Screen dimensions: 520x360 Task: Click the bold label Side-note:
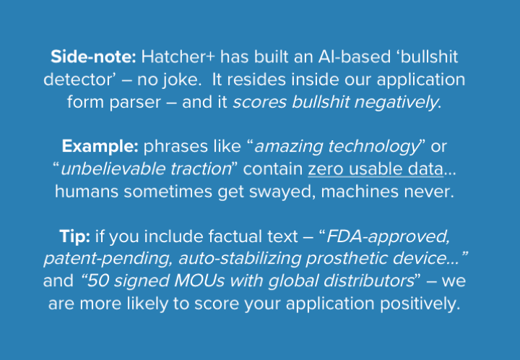(93, 56)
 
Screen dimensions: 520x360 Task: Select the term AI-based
(355, 56)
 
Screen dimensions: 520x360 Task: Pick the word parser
(135, 103)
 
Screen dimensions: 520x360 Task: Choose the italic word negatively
(396, 103)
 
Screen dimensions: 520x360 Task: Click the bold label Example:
(100, 147)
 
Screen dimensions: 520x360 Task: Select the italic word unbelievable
(113, 169)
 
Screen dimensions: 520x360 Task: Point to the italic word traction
(201, 169)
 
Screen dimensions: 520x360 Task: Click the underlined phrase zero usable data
(376, 169)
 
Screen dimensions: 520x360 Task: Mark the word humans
(87, 192)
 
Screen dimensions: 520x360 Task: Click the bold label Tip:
(74, 237)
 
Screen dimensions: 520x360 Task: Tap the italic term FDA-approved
(388, 237)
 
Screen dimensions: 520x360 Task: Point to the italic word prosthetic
(347, 259)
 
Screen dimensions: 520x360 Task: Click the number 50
(98, 281)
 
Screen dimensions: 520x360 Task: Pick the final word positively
(420, 304)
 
